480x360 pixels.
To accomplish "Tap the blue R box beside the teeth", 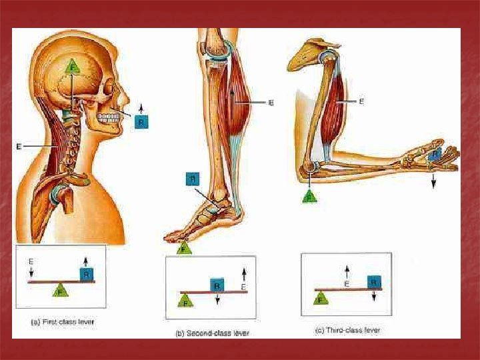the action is [141, 121].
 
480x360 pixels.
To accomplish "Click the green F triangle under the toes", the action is [185, 248].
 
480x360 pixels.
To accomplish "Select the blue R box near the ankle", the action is [192, 179].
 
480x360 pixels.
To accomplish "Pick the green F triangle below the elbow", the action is [309, 196].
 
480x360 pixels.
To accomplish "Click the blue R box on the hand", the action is [434, 155].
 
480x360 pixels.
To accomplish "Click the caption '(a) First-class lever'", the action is [63, 321].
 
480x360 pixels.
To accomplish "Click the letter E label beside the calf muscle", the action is [271, 103].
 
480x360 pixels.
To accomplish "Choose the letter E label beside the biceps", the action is [361, 102].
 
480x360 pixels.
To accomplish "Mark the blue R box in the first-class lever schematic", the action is [87, 274].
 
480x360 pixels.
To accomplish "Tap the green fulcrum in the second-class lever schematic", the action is [186, 301].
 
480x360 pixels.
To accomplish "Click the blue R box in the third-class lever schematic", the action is [374, 282].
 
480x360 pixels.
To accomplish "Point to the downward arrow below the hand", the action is [433, 181].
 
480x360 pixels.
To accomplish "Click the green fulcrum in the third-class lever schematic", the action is [322, 300].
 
